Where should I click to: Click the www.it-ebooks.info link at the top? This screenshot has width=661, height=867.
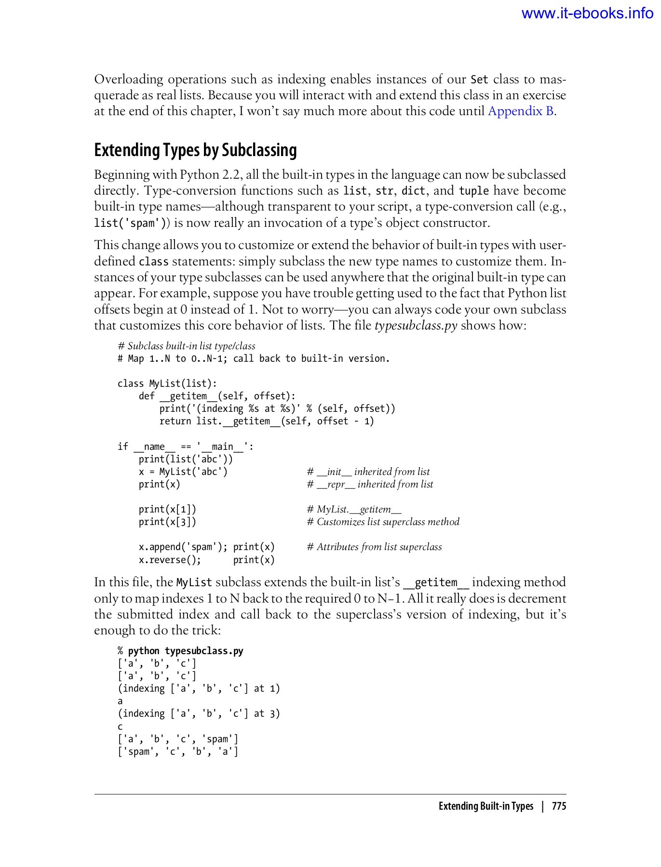click(587, 13)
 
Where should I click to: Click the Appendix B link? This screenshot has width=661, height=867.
click(520, 111)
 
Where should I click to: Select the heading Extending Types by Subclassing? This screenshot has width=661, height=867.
click(195, 150)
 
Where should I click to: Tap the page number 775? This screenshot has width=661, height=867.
click(559, 806)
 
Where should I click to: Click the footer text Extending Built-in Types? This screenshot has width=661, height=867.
click(486, 806)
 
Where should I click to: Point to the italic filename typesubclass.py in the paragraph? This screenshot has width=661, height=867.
click(416, 326)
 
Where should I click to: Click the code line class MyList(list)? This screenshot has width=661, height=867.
click(167, 383)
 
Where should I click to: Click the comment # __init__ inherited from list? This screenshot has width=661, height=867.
click(368, 472)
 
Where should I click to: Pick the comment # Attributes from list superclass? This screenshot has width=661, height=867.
click(374, 547)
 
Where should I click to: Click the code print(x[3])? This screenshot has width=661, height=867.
click(167, 522)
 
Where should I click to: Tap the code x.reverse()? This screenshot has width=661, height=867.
click(170, 560)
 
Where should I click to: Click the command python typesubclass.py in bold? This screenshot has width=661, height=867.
click(186, 651)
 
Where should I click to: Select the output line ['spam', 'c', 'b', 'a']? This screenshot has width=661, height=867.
click(178, 751)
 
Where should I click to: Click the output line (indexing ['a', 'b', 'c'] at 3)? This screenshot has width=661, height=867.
click(199, 713)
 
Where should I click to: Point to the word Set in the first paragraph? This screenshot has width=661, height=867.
click(479, 79)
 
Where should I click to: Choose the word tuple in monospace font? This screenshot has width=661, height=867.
click(473, 191)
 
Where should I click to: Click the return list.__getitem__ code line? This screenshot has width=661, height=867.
click(267, 421)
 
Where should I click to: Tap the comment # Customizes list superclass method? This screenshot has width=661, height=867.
click(383, 522)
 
